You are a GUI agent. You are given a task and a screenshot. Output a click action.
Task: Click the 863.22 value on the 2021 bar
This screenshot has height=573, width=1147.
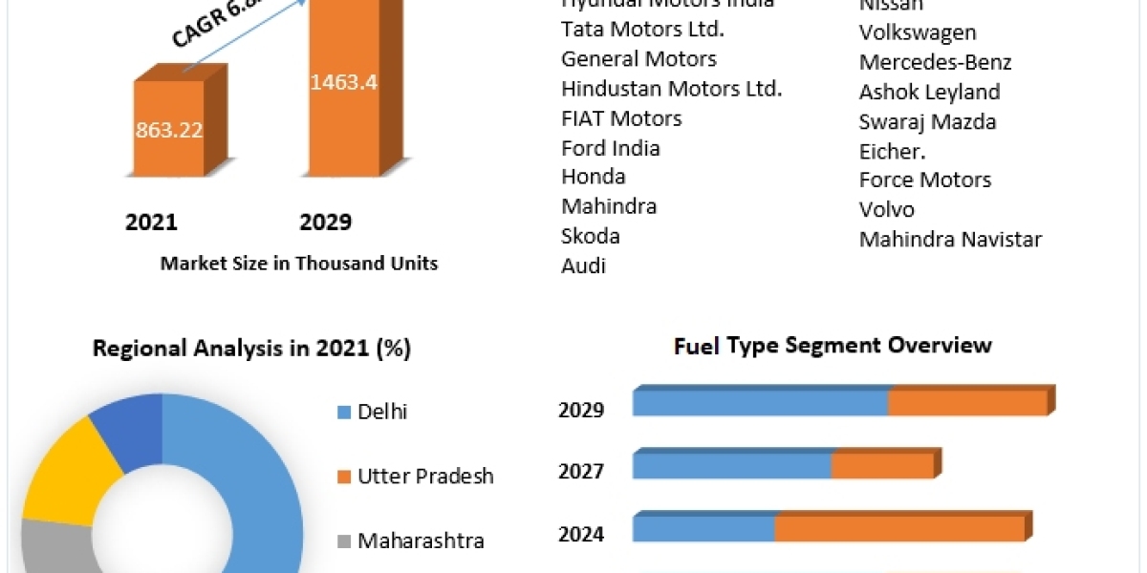pos(168,130)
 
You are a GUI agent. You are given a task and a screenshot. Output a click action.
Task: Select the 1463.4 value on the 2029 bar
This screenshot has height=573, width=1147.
pos(343,82)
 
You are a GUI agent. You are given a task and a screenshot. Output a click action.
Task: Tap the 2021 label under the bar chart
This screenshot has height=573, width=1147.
pos(151,223)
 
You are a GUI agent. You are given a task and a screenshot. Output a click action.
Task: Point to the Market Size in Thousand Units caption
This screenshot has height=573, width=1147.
pos(299,264)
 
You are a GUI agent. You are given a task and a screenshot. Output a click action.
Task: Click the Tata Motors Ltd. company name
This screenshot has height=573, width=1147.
pos(642,29)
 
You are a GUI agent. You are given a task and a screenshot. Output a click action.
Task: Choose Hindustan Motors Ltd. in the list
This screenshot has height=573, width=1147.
pos(672,89)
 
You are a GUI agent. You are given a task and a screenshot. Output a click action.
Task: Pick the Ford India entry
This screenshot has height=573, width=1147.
pos(611,148)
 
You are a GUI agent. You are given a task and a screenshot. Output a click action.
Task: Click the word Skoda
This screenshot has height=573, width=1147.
pos(591,236)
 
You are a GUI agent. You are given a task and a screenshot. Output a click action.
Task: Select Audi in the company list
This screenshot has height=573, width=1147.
pos(584,265)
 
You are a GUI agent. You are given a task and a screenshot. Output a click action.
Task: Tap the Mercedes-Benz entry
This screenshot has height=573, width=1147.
pos(935,62)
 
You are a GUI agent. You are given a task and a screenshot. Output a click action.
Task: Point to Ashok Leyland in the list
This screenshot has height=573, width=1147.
pos(929,92)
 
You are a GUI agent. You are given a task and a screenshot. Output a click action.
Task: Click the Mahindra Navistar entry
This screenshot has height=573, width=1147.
pos(950,239)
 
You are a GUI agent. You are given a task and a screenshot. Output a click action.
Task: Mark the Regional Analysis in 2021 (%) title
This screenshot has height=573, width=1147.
pos(251,349)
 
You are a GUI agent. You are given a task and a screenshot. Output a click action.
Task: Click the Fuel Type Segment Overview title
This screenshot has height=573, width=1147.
pos(833,345)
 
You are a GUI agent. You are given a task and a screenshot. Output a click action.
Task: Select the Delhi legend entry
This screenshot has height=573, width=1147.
pos(382,413)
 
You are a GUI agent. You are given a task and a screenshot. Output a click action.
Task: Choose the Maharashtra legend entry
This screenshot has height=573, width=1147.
pos(421,541)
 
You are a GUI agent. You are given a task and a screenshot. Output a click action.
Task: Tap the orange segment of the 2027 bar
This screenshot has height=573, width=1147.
pos(881,466)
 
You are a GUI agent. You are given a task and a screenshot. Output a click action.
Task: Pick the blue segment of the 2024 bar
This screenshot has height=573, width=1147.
pos(703,528)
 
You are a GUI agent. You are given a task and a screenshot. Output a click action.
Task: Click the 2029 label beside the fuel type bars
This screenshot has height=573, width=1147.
pos(581,411)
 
